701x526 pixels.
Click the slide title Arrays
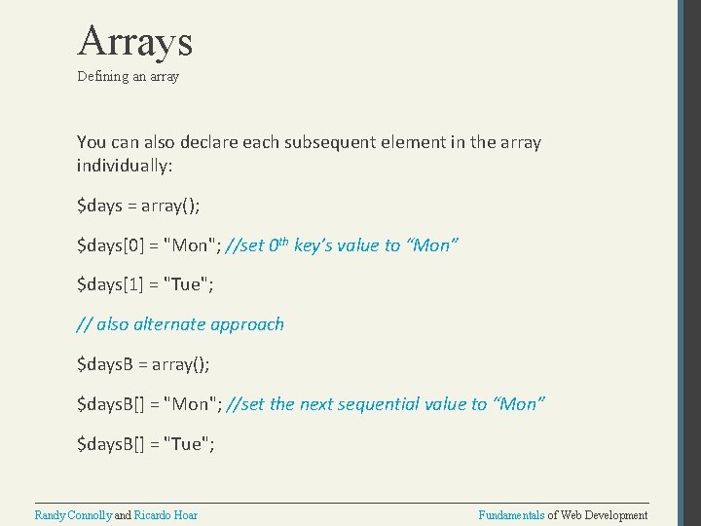(x=135, y=41)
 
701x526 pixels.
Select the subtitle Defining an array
(x=129, y=76)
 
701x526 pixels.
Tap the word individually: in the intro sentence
(x=125, y=166)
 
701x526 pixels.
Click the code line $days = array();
(x=142, y=206)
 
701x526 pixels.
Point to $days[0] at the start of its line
(x=105, y=245)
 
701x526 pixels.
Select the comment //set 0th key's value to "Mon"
(x=342, y=245)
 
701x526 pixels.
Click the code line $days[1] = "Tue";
(x=146, y=284)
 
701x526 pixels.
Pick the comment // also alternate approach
(x=180, y=324)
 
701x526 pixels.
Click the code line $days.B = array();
(x=143, y=364)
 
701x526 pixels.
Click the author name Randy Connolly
(x=73, y=514)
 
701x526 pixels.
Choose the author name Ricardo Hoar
(x=166, y=514)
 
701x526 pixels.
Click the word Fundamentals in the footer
(x=511, y=514)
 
